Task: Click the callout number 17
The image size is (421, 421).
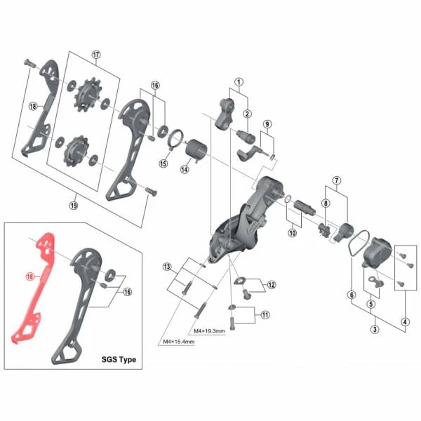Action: pyautogui.click(x=96, y=55)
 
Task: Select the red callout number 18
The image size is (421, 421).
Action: pyautogui.click(x=29, y=276)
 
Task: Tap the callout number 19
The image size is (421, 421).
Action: pyautogui.click(x=74, y=206)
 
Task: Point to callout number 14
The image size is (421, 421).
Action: pyautogui.click(x=185, y=169)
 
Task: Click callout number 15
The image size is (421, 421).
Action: pyautogui.click(x=163, y=163)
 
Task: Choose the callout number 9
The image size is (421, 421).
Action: pyautogui.click(x=267, y=124)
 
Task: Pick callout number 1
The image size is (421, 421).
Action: pyautogui.click(x=239, y=82)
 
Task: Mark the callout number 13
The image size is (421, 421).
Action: pyautogui.click(x=167, y=267)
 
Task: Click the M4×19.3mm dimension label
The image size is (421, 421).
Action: pyautogui.click(x=209, y=331)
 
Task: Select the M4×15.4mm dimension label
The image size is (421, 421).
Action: pyautogui.click(x=179, y=342)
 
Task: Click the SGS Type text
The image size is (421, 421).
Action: pyautogui.click(x=119, y=359)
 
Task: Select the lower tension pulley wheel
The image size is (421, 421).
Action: pyautogui.click(x=76, y=151)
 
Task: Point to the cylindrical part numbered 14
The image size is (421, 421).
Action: pyautogui.click(x=197, y=150)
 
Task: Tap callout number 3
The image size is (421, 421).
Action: pyautogui.click(x=375, y=329)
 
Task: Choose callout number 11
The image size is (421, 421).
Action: pyautogui.click(x=265, y=314)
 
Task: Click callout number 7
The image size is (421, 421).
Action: pyautogui.click(x=337, y=180)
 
